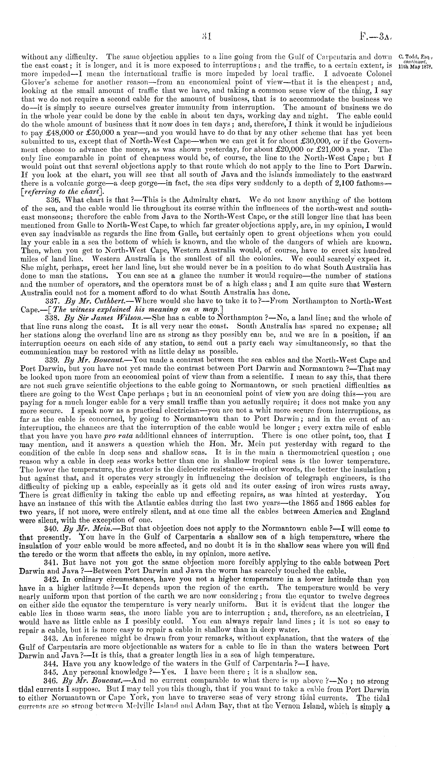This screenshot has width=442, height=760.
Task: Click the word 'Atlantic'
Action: (142, 503)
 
